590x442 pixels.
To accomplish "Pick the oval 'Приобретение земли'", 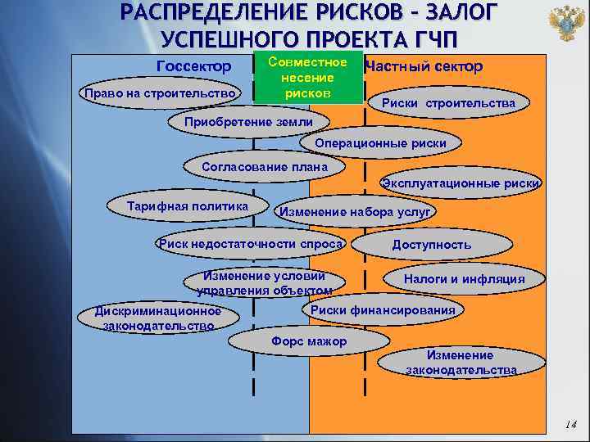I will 248,122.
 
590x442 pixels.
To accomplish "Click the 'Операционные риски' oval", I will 387,143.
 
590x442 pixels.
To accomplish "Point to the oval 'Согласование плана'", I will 265,168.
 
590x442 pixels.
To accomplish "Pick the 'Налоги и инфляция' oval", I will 464,279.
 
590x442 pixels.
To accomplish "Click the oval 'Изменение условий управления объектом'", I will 264,282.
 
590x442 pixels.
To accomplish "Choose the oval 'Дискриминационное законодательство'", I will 158,318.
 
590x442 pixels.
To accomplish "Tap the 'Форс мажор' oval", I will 309,341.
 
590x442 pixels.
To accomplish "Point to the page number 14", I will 570,425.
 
